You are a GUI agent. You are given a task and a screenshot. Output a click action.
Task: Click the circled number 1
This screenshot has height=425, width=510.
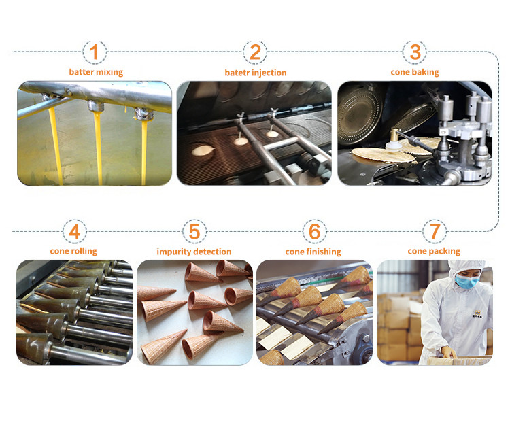tap(94, 52)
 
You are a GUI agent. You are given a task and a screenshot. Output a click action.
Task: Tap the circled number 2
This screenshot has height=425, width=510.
tap(255, 52)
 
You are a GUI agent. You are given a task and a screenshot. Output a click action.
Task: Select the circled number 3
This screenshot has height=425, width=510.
tap(415, 52)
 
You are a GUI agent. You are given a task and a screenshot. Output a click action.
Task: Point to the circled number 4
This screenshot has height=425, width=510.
tap(75, 231)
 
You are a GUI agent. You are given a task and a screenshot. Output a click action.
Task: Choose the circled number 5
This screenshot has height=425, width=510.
tap(194, 231)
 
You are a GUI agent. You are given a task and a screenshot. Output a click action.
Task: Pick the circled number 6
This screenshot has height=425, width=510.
tap(314, 231)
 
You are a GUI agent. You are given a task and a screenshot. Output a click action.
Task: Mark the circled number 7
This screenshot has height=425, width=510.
tap(435, 231)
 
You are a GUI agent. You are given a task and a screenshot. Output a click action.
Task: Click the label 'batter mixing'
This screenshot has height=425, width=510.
tap(96, 72)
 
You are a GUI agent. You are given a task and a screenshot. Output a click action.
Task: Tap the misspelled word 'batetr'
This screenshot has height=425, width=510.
tap(237, 73)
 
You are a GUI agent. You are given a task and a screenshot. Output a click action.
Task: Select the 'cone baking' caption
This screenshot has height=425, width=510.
tap(415, 72)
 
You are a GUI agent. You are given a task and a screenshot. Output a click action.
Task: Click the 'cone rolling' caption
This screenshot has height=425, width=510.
tap(73, 251)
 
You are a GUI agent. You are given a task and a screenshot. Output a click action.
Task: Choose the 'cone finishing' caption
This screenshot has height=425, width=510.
tap(313, 252)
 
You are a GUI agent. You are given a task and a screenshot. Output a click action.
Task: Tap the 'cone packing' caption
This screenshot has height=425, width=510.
tap(434, 251)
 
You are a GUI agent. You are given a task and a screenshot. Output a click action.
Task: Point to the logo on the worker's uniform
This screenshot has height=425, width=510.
tap(478, 313)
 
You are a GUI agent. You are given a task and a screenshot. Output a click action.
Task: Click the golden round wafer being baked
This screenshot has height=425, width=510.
tap(383, 154)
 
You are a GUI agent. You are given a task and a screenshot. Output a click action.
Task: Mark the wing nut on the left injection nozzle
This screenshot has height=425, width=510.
tap(241, 116)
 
